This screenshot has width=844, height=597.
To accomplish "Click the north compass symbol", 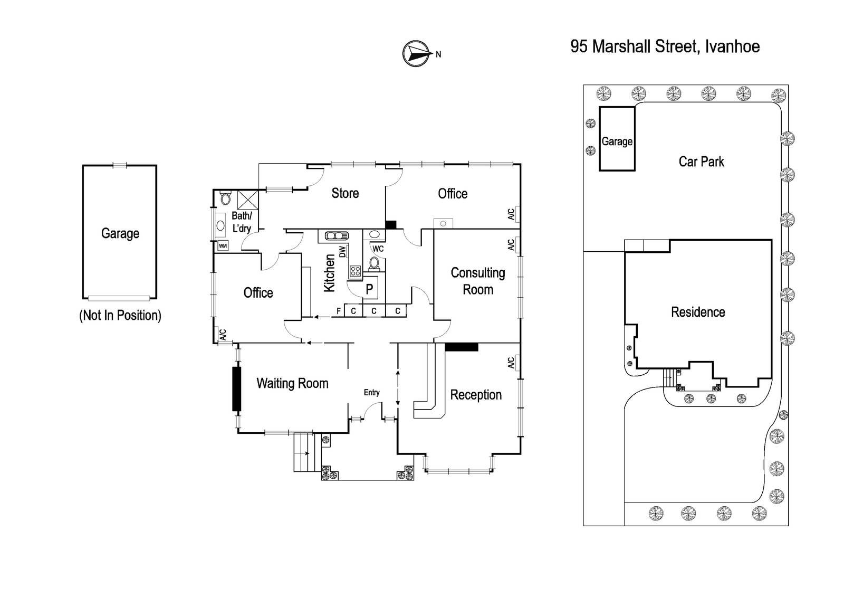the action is (x=417, y=53).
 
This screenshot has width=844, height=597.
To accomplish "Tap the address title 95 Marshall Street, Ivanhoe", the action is (x=665, y=46).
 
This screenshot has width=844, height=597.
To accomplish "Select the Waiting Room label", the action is (x=292, y=383).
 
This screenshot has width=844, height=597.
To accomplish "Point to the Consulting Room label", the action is (x=478, y=281).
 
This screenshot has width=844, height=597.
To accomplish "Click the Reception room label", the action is (x=476, y=394).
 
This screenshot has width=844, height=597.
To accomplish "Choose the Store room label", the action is (x=345, y=193).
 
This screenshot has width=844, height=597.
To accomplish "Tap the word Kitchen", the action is (x=329, y=273).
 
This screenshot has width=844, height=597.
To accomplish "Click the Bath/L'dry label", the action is (x=242, y=222).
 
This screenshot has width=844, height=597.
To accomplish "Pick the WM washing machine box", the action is (x=223, y=246).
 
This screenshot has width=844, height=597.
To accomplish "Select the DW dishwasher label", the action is (x=342, y=252).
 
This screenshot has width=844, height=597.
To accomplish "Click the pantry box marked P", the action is (x=370, y=289).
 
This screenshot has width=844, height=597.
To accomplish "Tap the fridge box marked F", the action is (x=339, y=311).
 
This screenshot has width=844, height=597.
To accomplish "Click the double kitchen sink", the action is (x=337, y=236).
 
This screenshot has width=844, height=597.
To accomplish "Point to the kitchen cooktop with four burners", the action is (x=356, y=270).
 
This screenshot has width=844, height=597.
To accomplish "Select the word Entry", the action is (x=371, y=392).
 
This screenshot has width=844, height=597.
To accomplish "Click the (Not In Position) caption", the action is (x=120, y=315).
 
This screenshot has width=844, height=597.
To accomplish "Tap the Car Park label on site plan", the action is (x=701, y=162).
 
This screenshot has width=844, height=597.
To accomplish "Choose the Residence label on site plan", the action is (x=698, y=312).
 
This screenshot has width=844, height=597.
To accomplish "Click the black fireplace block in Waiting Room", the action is (x=236, y=388).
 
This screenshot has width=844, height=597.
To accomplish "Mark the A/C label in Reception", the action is (x=511, y=363).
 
